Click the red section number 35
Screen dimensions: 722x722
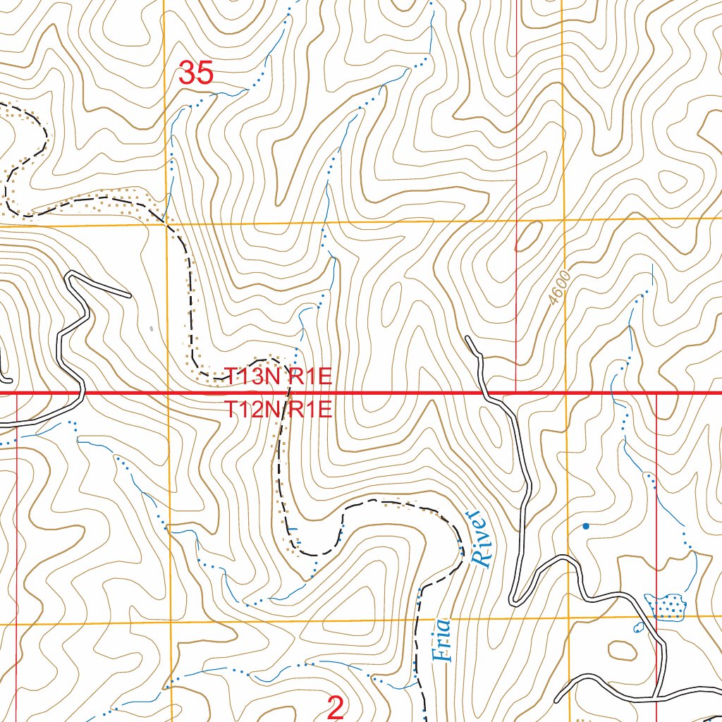pyautogui.click(x=196, y=73)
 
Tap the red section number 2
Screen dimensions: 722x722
pyautogui.click(x=336, y=706)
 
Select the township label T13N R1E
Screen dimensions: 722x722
pyautogui.click(x=278, y=376)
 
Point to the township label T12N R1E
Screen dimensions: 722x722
pyautogui.click(x=278, y=410)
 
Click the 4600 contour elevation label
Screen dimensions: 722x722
pyautogui.click(x=559, y=288)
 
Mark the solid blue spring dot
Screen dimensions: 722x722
pyautogui.click(x=585, y=526)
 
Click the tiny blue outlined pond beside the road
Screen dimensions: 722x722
pyautogui.click(x=639, y=626)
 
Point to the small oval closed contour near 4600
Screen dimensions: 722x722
pyautogui.click(x=528, y=236)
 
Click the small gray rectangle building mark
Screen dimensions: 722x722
pyautogui.click(x=152, y=328)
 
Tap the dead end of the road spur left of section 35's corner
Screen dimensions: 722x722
pyautogui.click(x=129, y=295)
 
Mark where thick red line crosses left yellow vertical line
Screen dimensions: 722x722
pyautogui.click(x=169, y=392)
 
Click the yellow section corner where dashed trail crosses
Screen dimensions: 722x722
pyautogui.click(x=166, y=224)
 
